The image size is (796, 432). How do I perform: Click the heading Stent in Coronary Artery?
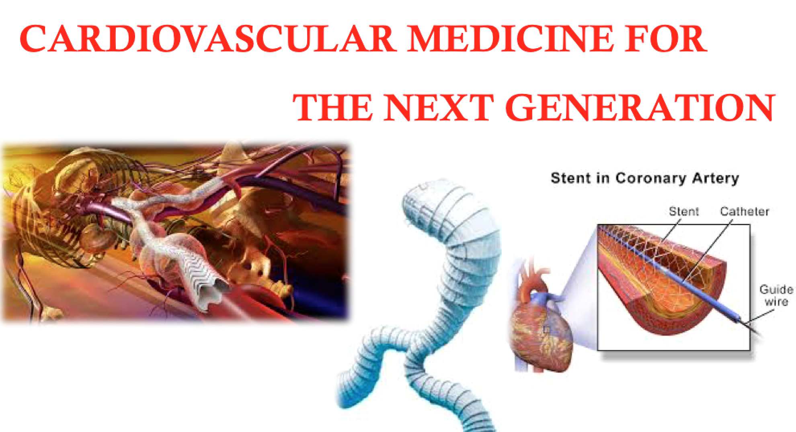[644, 178]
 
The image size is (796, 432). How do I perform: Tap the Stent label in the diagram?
[684, 211]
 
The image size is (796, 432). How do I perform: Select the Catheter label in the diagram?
[745, 211]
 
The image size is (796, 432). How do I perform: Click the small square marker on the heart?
[546, 330]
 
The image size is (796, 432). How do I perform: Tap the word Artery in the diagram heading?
[722, 179]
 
